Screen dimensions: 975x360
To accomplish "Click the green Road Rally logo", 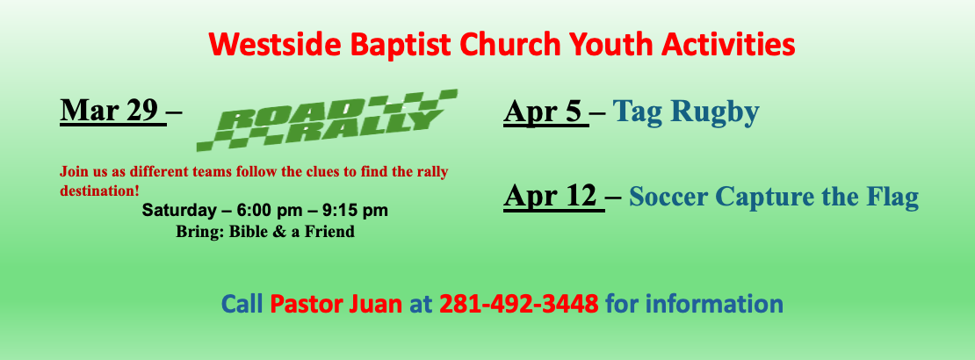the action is click(x=327, y=119).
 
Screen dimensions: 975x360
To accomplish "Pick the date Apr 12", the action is click(x=554, y=197).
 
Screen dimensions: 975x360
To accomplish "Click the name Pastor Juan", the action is click(x=336, y=304).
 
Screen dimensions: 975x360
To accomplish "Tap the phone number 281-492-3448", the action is click(x=518, y=304).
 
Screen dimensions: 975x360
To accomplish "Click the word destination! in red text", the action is click(x=99, y=191).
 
